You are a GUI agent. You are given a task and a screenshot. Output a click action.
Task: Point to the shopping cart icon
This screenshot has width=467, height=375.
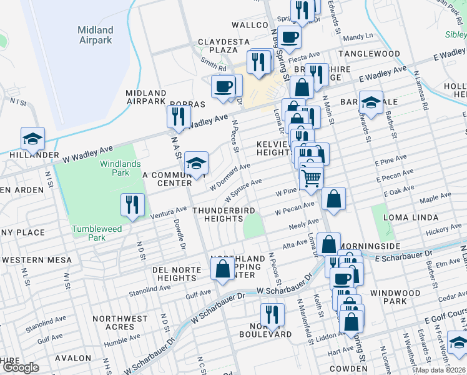point(311,177)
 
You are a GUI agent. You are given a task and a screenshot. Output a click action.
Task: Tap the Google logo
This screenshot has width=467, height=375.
point(21,367)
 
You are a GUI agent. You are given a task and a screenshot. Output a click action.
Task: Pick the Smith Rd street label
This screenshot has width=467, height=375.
point(214,64)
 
